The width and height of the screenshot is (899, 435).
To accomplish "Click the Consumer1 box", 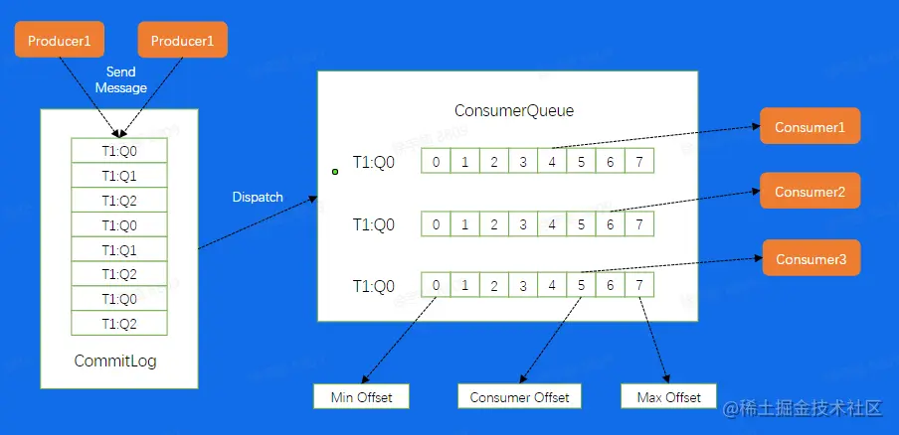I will point(809,127).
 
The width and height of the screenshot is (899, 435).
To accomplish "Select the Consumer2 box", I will point(809,191).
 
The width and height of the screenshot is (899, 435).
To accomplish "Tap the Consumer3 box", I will point(810,258).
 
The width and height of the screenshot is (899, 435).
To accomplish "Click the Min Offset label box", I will point(361,397).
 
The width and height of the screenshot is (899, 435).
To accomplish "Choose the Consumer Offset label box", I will point(520,397).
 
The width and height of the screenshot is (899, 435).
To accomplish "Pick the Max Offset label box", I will point(668,397).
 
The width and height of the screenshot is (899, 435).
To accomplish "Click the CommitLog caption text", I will point(115,361).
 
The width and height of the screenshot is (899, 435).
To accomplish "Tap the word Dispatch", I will point(258,197).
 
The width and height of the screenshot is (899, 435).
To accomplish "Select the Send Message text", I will point(121,80).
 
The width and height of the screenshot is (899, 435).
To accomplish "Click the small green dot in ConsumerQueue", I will point(335,172).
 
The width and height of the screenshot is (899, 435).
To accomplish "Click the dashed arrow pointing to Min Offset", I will point(397,338).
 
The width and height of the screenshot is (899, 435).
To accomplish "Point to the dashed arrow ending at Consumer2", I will point(686,198).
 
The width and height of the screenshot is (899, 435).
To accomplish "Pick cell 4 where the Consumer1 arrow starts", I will point(552,161).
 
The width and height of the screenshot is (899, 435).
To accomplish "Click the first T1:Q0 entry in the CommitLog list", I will point(119,151).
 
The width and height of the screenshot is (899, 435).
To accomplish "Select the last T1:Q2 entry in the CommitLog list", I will point(119,324).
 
